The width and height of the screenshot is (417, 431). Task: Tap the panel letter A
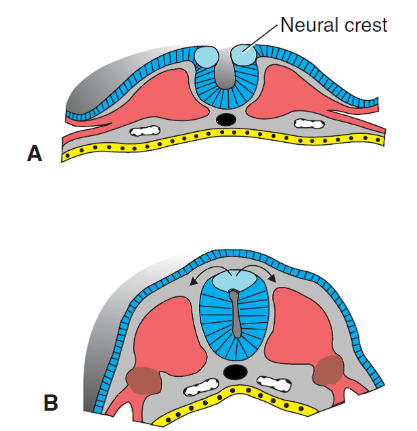(35, 154)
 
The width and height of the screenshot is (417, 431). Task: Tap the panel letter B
(51, 403)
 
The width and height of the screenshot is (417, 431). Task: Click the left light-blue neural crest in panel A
(205, 57)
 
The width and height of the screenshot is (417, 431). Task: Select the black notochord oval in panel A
(225, 119)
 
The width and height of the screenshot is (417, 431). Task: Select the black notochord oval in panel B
(235, 371)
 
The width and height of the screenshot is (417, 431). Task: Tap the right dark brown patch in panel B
(330, 370)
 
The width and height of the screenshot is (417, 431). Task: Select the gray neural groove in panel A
(224, 74)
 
